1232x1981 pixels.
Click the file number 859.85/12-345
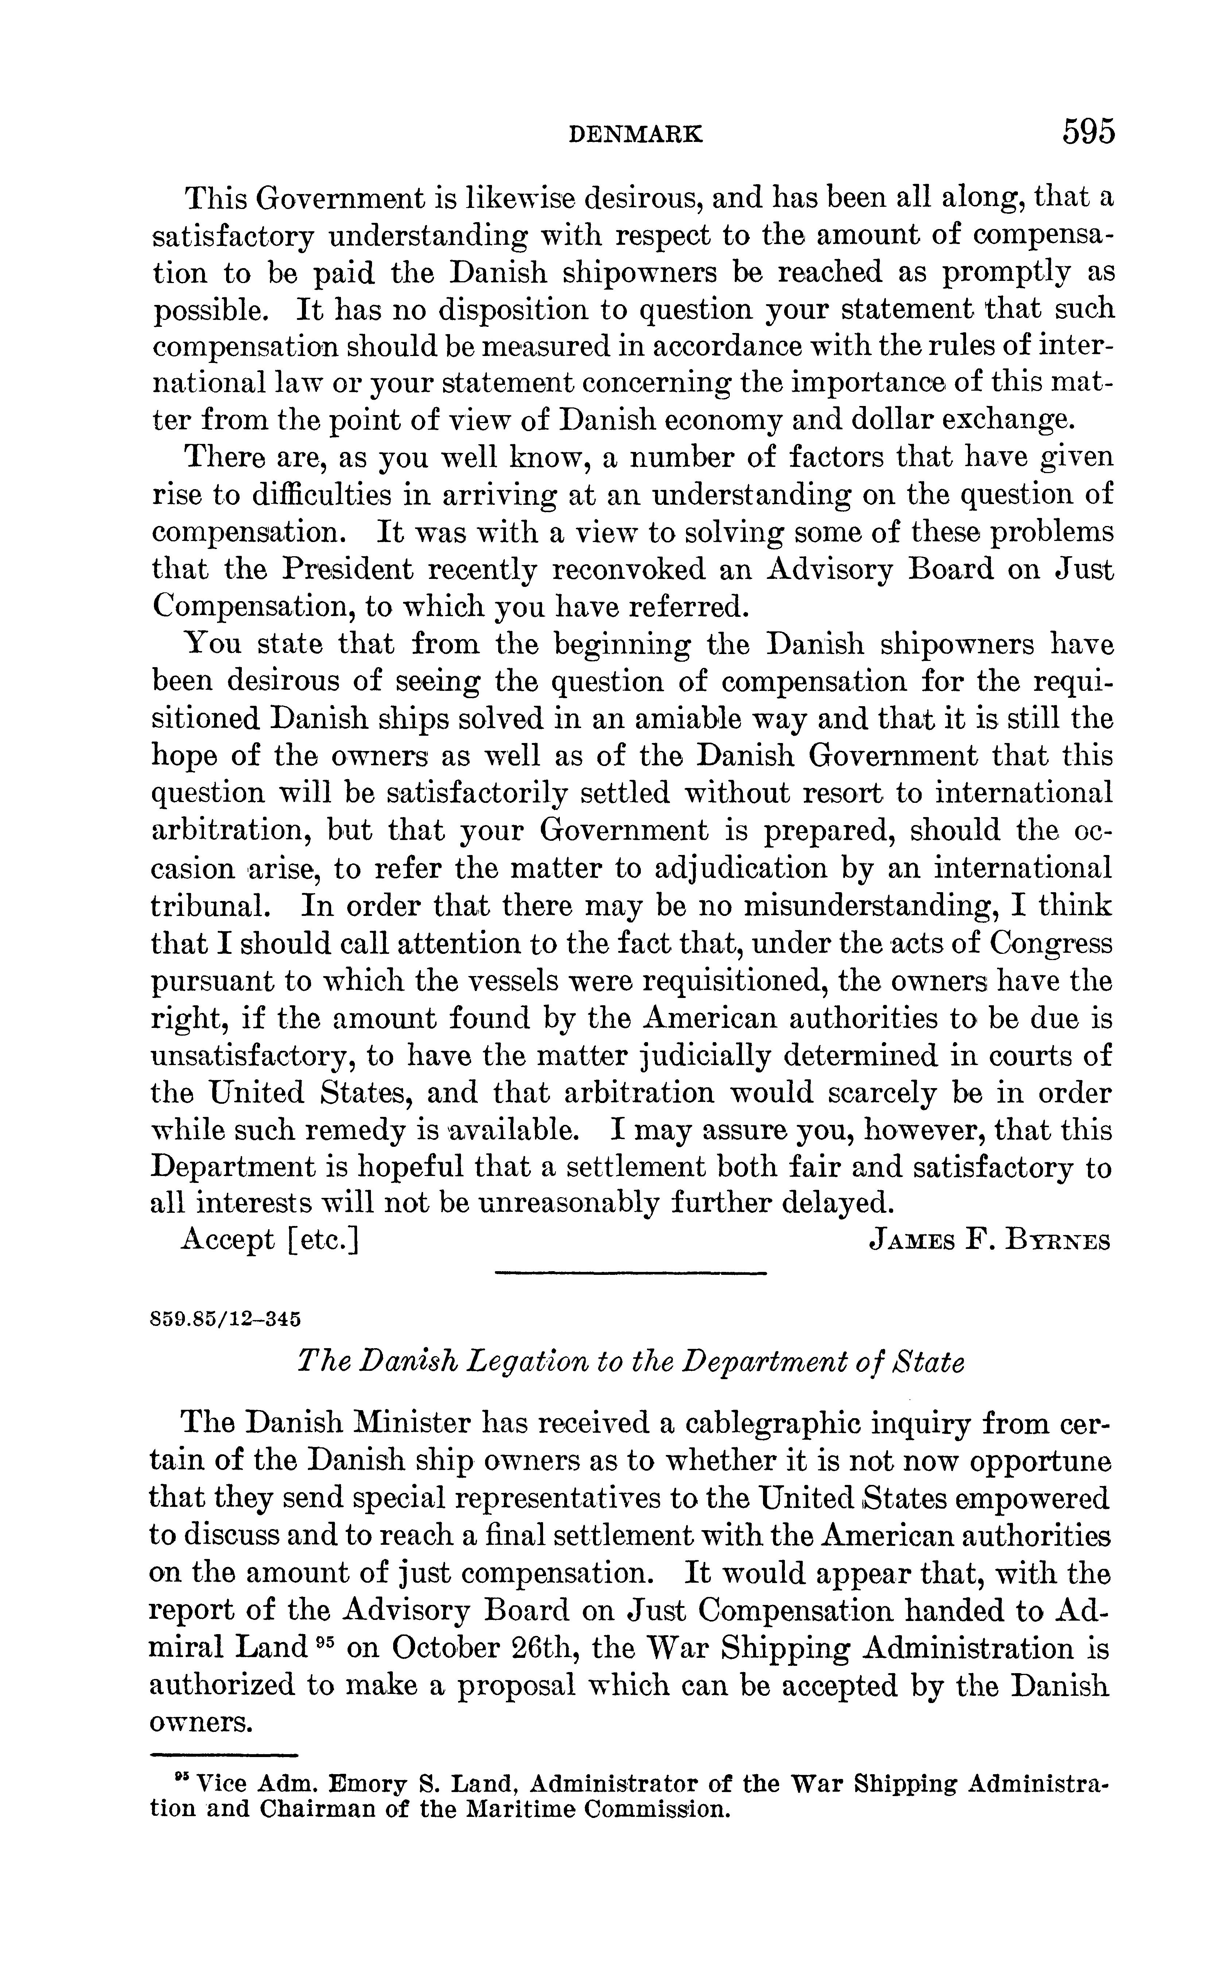pos(215,1317)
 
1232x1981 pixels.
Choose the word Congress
pos(1051,944)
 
